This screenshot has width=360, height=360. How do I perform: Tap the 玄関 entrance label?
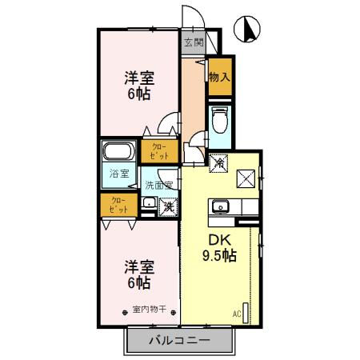pyautogui.click(x=193, y=42)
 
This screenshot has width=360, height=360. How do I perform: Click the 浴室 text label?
pyautogui.click(x=117, y=172)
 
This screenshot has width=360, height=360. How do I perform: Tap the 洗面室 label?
pyautogui.click(x=158, y=185)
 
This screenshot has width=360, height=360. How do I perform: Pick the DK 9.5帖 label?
pyautogui.click(x=217, y=247)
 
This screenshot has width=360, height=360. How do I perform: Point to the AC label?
pyautogui.click(x=237, y=313)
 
